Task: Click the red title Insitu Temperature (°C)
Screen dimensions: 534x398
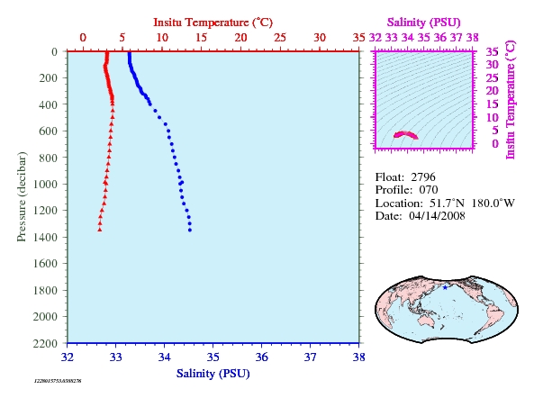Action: [213, 23]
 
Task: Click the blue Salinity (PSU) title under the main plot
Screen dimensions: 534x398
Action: [213, 374]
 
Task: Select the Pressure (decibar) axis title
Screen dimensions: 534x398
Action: [22, 197]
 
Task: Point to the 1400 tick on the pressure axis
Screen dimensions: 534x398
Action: [45, 237]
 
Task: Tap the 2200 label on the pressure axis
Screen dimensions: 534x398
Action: [45, 343]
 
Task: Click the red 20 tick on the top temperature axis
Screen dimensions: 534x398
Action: [240, 38]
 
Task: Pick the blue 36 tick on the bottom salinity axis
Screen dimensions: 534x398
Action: [261, 357]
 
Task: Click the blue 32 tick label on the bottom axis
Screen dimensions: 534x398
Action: [68, 357]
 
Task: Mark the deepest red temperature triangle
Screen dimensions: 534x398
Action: [100, 230]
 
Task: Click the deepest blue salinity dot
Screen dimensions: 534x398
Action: [190, 231]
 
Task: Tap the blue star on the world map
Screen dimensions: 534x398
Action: [445, 287]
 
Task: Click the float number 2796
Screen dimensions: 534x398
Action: [423, 177]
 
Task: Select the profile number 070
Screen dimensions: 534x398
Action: [429, 190]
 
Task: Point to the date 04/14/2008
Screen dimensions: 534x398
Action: [437, 216]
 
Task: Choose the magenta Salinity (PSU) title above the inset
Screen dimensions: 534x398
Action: [423, 23]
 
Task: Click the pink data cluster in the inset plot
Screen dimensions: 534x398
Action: [405, 135]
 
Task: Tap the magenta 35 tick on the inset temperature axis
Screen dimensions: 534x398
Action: [492, 51]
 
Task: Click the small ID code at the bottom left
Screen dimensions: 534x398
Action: [58, 381]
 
